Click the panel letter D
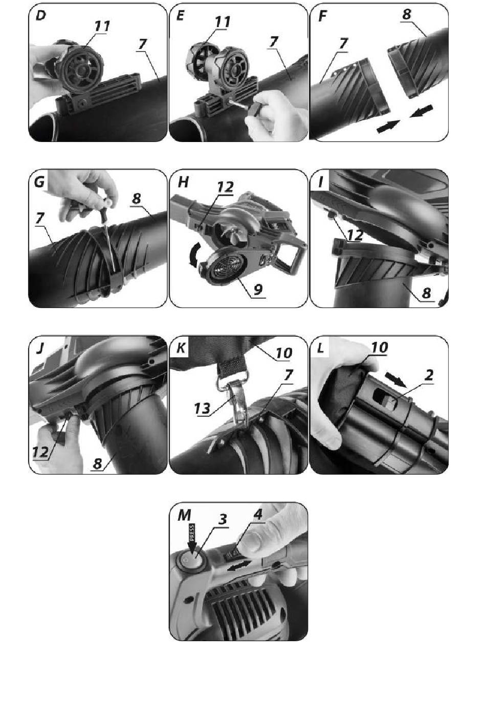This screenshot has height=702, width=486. click(x=41, y=15)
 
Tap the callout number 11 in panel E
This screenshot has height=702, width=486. click(x=223, y=21)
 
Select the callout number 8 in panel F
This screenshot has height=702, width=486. click(x=407, y=14)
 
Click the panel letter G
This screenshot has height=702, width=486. click(x=39, y=182)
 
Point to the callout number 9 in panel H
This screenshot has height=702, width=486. click(x=258, y=289)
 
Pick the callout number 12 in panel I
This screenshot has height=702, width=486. click(x=355, y=236)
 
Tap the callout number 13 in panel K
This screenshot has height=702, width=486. click(x=203, y=408)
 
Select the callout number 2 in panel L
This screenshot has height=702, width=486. click(x=429, y=375)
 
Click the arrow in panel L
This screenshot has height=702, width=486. click(x=396, y=379)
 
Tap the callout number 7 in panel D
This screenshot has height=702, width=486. click(x=142, y=44)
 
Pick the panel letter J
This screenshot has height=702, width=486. click(x=39, y=348)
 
